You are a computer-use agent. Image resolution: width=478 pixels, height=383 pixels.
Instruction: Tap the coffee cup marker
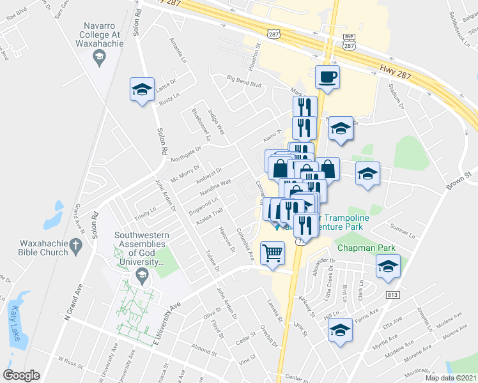coord(327,78)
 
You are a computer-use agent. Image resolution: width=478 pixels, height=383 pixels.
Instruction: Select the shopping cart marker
coord(273,253)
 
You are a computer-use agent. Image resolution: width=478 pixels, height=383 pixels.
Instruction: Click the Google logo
coord(21,375)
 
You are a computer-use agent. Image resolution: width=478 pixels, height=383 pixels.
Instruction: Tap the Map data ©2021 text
coord(451,378)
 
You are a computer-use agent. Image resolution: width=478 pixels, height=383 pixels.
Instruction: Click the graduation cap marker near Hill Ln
coord(340,330)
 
